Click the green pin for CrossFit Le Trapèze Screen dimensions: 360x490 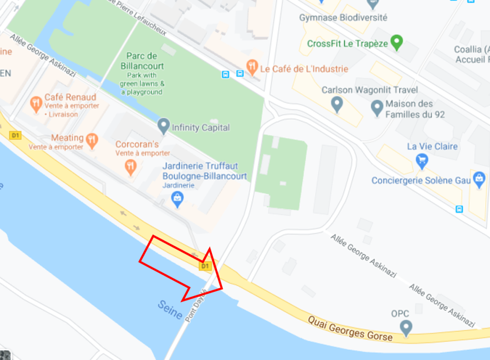click(x=396, y=42)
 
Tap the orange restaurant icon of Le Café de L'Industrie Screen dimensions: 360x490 click(x=252, y=67)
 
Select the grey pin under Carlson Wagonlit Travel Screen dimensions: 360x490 click(x=337, y=103)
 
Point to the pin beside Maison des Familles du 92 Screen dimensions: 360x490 click(x=378, y=107)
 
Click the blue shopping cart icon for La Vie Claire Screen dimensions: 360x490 click(x=422, y=160)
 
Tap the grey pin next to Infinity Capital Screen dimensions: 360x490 click(x=164, y=126)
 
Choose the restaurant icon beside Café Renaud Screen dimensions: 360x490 click(x=36, y=102)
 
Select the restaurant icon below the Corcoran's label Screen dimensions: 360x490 click(x=130, y=166)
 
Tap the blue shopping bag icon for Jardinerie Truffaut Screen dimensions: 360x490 click(x=178, y=198)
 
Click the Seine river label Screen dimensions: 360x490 click(x=170, y=309)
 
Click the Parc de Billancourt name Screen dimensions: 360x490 click(x=142, y=61)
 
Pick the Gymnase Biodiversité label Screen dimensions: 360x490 click(x=343, y=18)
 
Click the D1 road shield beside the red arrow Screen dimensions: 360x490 click(x=205, y=266)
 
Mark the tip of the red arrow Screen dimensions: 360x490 click(x=223, y=288)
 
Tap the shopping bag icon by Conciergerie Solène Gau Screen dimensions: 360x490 click(x=479, y=180)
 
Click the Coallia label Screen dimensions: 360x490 click(x=471, y=50)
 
